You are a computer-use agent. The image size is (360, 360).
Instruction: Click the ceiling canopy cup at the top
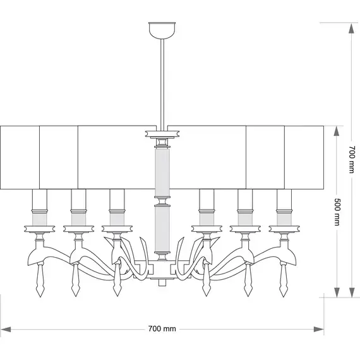(x=162, y=30)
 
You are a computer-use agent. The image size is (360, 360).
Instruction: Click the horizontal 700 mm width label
(x=162, y=329)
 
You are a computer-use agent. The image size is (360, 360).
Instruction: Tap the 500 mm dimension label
(x=337, y=212)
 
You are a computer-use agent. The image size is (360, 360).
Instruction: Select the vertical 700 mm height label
(x=352, y=159)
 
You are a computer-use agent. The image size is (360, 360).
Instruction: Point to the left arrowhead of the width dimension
(x=6, y=330)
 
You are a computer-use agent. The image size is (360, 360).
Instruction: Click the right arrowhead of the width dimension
(x=319, y=330)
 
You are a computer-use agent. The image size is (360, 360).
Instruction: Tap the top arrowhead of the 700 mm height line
(x=352, y=28)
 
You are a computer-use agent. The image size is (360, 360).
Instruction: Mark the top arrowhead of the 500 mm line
(x=337, y=131)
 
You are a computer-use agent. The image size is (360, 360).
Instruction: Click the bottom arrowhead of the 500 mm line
(x=337, y=292)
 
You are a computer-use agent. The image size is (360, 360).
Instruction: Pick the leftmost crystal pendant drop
(x=40, y=279)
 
